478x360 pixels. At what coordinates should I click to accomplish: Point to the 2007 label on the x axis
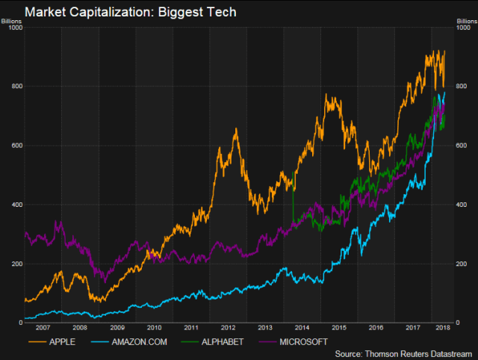43,327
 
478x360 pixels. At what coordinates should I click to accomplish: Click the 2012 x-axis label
228,327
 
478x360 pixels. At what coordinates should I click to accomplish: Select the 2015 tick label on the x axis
339,327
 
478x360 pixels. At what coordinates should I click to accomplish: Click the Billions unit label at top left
13,20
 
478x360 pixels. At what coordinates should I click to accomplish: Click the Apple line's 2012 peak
236,129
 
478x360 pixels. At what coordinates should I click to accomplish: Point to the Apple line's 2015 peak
327,95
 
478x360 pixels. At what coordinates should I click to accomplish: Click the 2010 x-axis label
154,327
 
